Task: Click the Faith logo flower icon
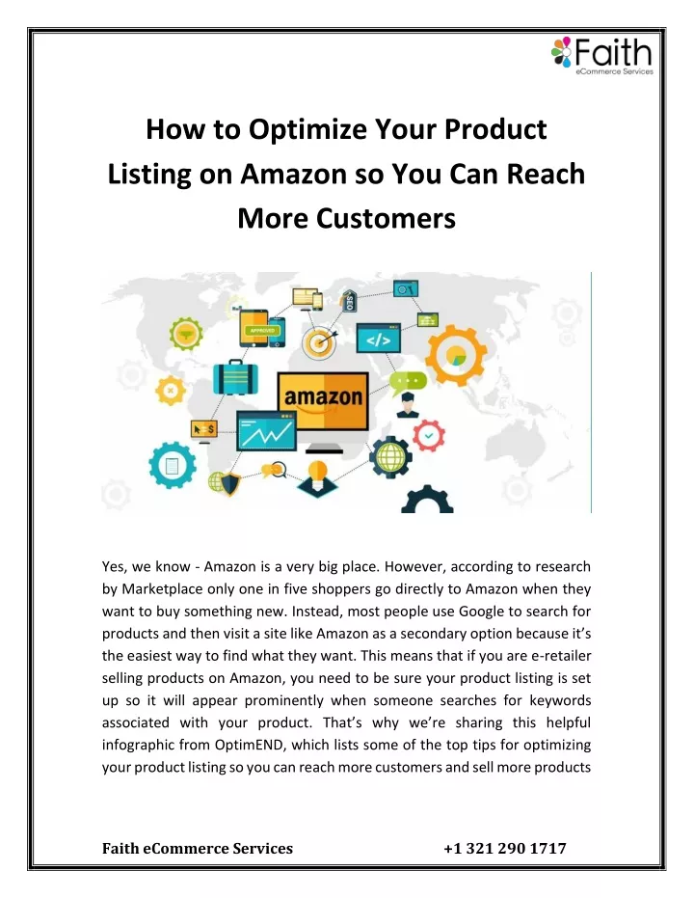(x=561, y=51)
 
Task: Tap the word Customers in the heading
(x=386, y=218)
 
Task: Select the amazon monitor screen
(x=323, y=401)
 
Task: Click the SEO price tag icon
(x=349, y=301)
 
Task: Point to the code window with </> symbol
(x=378, y=339)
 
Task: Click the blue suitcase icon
(x=235, y=377)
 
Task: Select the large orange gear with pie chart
(x=455, y=355)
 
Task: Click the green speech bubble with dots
(x=408, y=382)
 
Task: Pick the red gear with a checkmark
(x=429, y=436)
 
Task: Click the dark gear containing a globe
(x=390, y=456)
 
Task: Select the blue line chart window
(x=267, y=430)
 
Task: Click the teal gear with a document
(x=173, y=465)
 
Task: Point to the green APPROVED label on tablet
(x=262, y=331)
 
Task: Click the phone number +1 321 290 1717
(x=505, y=848)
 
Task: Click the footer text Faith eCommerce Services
(x=198, y=848)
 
